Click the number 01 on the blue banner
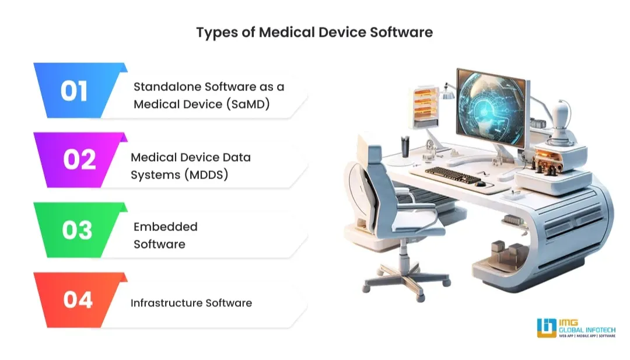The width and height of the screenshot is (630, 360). point(74,91)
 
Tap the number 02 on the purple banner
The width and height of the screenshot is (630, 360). point(79,159)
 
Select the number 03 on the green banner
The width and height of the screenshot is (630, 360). point(77,230)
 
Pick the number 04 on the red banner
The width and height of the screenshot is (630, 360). point(78,300)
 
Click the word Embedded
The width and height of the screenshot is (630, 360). point(166,226)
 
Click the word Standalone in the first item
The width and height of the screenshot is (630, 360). point(169,87)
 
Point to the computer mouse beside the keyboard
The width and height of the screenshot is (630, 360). point(481,183)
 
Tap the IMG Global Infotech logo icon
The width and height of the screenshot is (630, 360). point(547,328)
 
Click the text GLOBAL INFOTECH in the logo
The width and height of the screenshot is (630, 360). point(583,329)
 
